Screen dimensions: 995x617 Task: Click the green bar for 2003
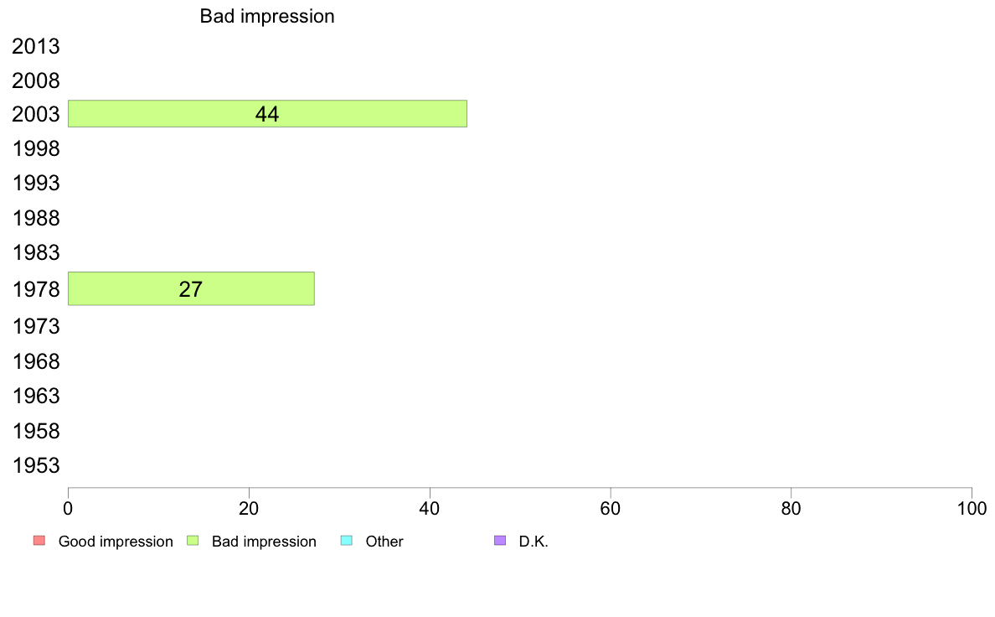(267, 114)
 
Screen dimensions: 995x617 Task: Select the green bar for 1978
(191, 288)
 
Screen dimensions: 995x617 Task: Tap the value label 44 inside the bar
(267, 114)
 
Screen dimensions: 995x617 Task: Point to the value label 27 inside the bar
(190, 289)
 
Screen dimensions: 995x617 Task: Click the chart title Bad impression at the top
(267, 17)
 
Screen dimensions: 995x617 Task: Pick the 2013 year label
(35, 46)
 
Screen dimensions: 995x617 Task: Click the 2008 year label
(35, 80)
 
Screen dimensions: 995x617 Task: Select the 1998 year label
(35, 148)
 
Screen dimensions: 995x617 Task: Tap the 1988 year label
(35, 218)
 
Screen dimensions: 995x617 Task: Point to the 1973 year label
(35, 326)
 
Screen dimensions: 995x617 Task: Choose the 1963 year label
(35, 396)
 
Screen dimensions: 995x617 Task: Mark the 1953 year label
(35, 465)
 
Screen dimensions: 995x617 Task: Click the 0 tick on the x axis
(68, 508)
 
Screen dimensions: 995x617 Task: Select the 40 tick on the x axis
(430, 508)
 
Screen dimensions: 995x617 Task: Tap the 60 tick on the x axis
(611, 508)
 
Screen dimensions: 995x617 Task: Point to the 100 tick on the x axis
(972, 508)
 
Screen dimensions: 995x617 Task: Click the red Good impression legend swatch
(39, 541)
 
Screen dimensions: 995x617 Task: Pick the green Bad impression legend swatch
(193, 541)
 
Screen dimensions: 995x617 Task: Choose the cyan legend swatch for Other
(347, 541)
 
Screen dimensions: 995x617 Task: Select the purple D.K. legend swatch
(500, 541)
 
